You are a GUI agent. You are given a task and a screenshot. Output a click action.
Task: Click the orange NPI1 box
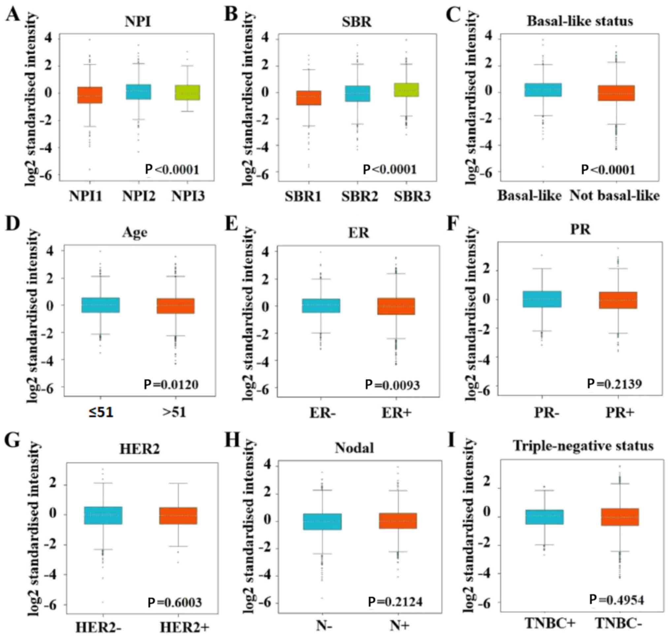90,95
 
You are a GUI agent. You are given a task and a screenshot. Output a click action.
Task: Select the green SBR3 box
406,90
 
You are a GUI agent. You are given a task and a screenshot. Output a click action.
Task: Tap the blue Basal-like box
543,90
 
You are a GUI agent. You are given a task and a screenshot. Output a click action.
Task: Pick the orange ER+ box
396,306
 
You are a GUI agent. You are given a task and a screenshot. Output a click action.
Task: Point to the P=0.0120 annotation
171,385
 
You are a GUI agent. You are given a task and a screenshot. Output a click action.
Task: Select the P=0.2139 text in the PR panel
614,384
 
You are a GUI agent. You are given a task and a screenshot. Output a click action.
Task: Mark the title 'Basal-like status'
580,21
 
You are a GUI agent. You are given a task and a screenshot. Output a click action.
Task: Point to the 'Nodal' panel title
354,448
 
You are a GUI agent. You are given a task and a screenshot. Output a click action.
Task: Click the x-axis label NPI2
139,196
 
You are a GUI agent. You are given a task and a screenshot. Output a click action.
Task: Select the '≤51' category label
101,412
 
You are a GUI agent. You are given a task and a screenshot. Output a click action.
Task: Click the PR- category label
546,412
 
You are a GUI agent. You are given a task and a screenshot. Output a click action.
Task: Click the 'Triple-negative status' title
583,446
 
